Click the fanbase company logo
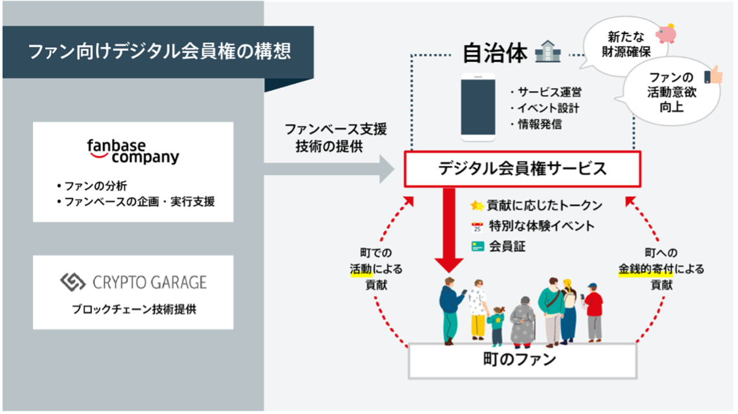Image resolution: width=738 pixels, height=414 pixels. [133, 152]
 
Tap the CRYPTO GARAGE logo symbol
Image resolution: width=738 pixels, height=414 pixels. [73, 282]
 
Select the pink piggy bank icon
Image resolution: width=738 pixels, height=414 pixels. [666, 33]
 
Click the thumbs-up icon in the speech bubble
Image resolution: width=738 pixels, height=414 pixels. [713, 75]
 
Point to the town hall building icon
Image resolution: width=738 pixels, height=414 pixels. [548, 51]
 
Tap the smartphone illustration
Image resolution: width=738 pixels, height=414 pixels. [478, 107]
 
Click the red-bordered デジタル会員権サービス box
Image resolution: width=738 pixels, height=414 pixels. [522, 169]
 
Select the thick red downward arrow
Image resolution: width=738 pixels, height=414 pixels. [449, 230]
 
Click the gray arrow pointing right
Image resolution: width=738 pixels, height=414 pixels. [329, 169]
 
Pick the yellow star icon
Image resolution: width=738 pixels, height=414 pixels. [478, 205]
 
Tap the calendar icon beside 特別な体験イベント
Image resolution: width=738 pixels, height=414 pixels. [478, 227]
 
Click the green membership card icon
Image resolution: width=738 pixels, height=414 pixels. [478, 247]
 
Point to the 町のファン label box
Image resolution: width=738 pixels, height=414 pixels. [522, 360]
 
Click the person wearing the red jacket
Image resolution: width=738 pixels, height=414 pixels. [593, 312]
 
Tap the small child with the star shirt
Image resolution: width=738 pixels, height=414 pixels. [496, 326]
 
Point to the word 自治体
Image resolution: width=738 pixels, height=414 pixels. [495, 52]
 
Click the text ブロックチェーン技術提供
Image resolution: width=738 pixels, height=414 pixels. [134, 309]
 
